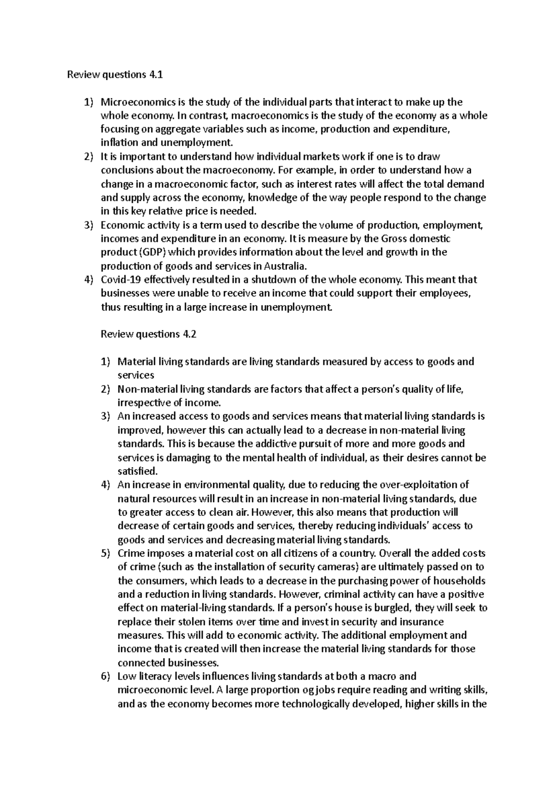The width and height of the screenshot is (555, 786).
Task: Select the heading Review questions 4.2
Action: pos(148,334)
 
